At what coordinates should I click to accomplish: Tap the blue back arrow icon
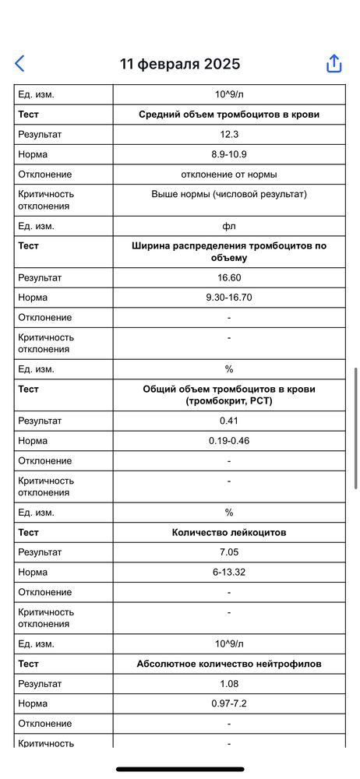[x=20, y=64]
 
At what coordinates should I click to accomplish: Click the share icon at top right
[x=334, y=64]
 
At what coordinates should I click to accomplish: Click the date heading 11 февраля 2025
[x=180, y=64]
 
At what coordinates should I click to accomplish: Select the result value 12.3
[x=229, y=134]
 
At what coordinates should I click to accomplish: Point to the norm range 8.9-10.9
[x=229, y=154]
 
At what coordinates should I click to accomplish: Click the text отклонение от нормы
[x=229, y=174]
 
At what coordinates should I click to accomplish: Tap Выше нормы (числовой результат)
[x=229, y=194]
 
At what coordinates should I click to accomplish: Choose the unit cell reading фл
[x=229, y=226]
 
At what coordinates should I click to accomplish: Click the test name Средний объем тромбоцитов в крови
[x=229, y=115]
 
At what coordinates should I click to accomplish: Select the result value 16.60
[x=229, y=277]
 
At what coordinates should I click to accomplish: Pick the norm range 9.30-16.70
[x=229, y=298]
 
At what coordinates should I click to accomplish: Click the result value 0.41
[x=229, y=421]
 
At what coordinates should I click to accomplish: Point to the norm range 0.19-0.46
[x=229, y=441]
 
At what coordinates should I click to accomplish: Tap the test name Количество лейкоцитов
[x=229, y=533]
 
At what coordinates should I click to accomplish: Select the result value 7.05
[x=229, y=552]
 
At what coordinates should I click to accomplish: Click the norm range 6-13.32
[x=229, y=573]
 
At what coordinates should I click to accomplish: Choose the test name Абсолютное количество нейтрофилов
[x=229, y=664]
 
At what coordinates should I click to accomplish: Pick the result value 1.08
[x=229, y=684]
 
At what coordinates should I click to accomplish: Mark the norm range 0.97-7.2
[x=229, y=704]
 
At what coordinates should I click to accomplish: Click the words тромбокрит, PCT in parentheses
[x=229, y=401]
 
